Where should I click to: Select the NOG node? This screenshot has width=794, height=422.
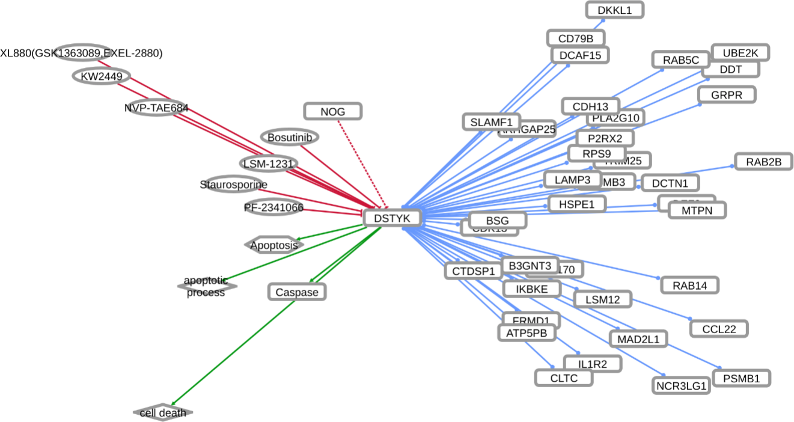tap(332, 111)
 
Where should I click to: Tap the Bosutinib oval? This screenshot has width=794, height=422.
tap(290, 138)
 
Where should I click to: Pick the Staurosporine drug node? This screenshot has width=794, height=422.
tap(233, 185)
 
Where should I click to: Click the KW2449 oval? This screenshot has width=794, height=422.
tap(102, 76)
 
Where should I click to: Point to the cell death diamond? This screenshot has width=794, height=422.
tap(163, 413)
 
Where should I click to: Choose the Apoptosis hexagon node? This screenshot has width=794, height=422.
tap(274, 245)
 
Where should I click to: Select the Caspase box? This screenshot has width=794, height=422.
tap(296, 292)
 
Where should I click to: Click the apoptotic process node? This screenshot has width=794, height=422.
tap(206, 287)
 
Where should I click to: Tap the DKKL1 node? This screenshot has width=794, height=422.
tap(614, 10)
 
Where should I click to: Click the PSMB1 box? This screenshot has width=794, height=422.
tap(741, 379)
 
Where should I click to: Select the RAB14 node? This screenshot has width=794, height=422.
tap(689, 285)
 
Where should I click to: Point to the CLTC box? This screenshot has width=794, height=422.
tap(563, 378)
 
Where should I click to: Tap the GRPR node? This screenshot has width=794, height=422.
tap(726, 95)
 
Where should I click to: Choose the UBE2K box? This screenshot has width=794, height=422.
tap(739, 53)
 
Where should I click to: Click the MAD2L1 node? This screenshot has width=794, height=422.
tap(638, 339)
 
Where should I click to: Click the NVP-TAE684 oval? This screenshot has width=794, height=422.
tap(156, 108)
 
